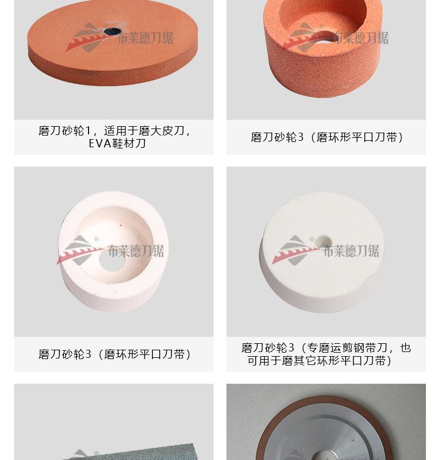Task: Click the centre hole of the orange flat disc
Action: pos(112,30)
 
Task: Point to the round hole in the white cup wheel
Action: pos(112,260)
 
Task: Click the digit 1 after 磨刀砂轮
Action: pos(89,131)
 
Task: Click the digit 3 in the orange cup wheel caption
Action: pos(301,137)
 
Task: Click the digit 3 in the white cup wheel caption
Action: pos(89,354)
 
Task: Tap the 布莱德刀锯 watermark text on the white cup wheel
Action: pos(136,251)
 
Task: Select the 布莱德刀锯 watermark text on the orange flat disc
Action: pos(145,39)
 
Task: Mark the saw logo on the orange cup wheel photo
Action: pos(303,36)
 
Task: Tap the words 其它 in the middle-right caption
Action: pos(307,361)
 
